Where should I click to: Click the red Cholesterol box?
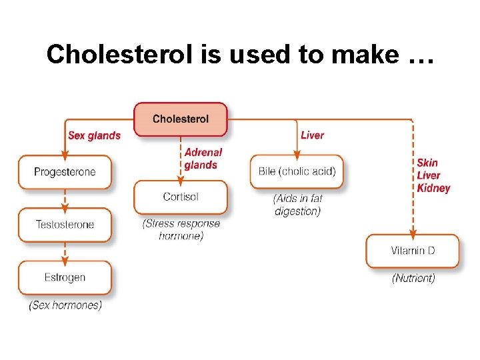180,119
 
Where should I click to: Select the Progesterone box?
65,172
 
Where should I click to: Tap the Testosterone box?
65,225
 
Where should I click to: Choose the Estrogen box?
65,277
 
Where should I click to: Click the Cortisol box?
180,197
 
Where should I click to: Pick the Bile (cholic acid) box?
297,172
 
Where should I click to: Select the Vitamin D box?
412,251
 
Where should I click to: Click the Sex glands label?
94,135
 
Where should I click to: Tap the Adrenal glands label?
203,159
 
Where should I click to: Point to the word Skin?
427,163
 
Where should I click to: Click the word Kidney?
433,188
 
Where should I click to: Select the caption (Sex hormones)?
65,305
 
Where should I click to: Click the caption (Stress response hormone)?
181,230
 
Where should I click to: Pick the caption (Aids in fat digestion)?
297,205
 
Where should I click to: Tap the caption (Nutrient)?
413,278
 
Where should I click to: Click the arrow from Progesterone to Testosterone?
65,198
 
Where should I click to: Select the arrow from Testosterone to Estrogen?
65,251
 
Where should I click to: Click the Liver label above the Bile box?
312,135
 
